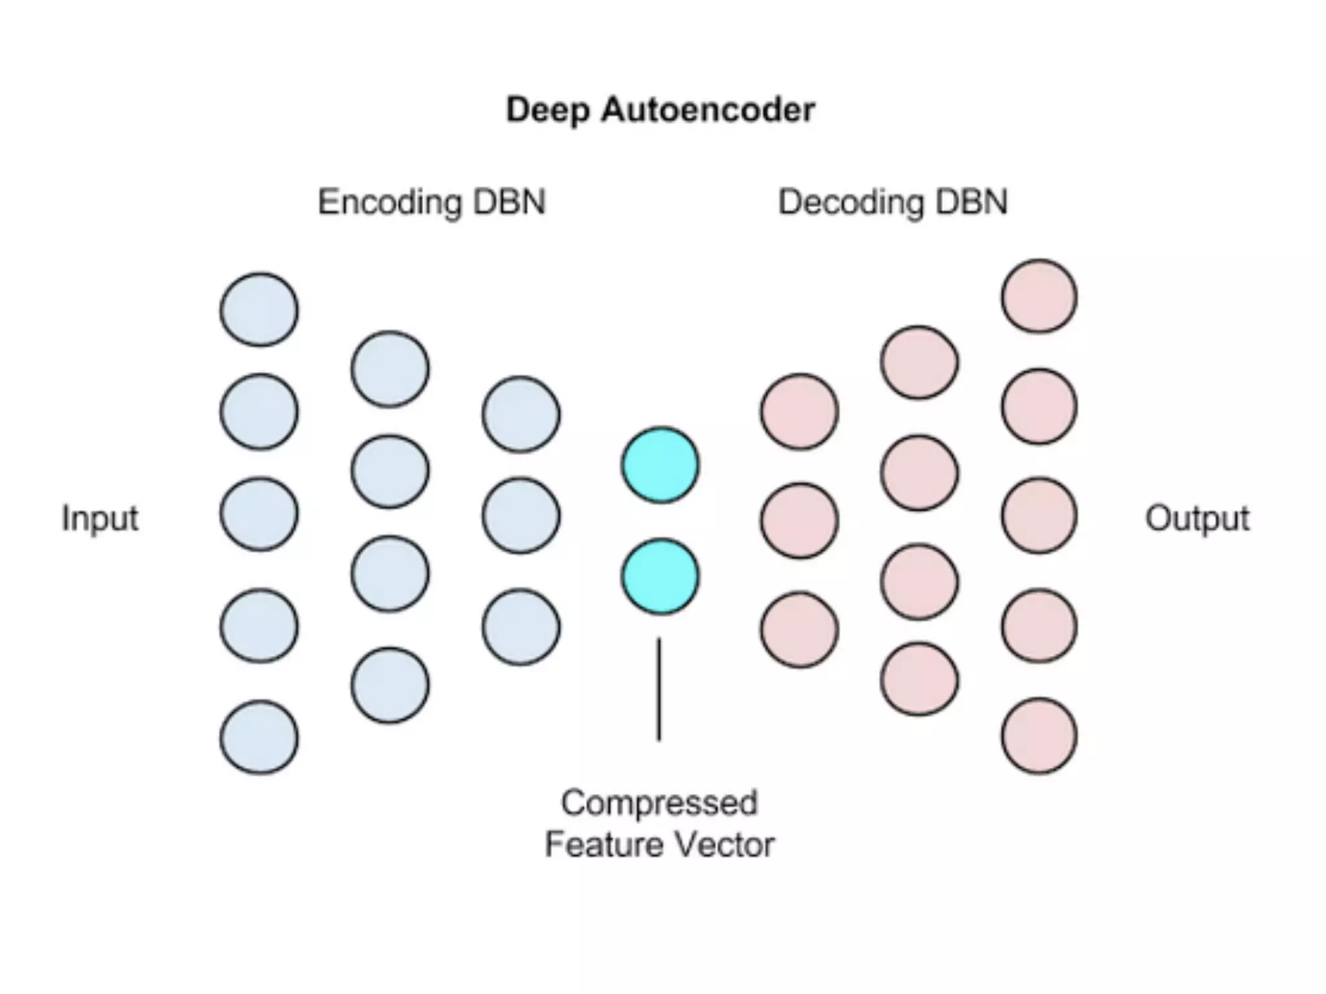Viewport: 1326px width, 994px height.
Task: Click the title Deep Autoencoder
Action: tap(660, 110)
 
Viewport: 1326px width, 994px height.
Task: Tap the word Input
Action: tap(100, 518)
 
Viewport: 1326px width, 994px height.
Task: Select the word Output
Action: tap(1197, 518)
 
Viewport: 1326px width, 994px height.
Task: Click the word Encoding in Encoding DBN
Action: tap(390, 202)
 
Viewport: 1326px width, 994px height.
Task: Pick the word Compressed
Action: tap(659, 803)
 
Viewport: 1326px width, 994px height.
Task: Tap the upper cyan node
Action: tap(660, 465)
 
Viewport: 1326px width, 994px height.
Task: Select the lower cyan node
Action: tap(660, 577)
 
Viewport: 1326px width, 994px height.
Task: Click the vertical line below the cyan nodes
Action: tap(659, 689)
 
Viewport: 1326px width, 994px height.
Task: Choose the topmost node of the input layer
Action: tap(259, 309)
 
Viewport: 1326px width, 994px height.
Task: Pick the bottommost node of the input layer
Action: tap(259, 737)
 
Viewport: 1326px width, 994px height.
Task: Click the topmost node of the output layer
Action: tap(1039, 296)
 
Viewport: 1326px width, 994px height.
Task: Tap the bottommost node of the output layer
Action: tap(1039, 736)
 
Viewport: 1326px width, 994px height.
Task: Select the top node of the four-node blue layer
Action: tap(390, 369)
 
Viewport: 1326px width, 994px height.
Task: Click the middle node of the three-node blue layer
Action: tap(521, 516)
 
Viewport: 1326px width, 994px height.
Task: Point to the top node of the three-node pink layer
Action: tap(800, 412)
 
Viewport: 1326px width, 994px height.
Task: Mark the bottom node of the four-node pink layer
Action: tap(919, 679)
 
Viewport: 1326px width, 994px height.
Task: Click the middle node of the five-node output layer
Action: tap(1039, 516)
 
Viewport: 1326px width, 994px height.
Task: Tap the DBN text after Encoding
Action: tap(509, 202)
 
